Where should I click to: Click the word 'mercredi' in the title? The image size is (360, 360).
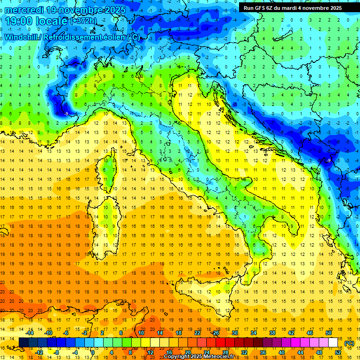pos(24,10)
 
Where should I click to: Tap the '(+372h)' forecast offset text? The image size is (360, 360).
pos(83,21)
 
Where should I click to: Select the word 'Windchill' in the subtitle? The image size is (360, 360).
pos(22,37)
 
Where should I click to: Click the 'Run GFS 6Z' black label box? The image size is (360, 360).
pos(292,7)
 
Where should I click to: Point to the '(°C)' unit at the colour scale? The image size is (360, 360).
pos(349,343)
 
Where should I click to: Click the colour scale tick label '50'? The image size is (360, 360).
pos(328,333)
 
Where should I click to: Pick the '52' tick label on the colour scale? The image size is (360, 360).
pos(337,352)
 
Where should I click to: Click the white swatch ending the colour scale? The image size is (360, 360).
pos(333,342)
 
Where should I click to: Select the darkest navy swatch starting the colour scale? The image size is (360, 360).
pos(23,342)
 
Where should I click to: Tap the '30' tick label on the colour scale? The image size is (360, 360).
pos(235,333)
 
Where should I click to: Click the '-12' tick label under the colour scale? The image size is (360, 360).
pos(39,352)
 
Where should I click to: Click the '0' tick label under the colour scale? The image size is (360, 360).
pos(93,352)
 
